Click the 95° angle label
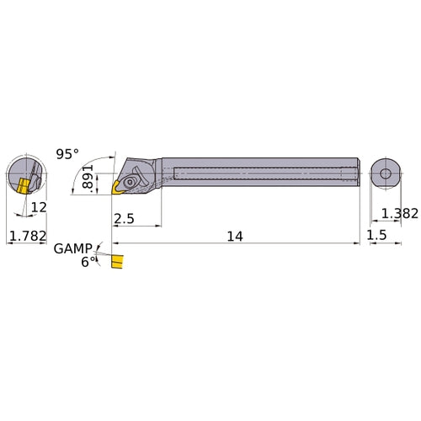[x=67, y=154]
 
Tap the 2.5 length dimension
[x=122, y=219]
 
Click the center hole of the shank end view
[x=385, y=173]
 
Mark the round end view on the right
[x=385, y=173]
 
